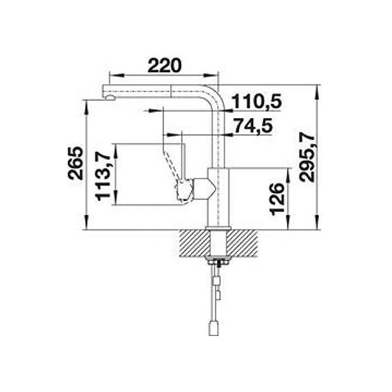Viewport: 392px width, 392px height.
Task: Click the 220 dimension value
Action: pyautogui.click(x=164, y=66)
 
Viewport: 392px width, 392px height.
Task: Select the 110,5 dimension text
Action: pyautogui.click(x=256, y=101)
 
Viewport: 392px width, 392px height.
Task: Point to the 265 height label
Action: pyautogui.click(x=75, y=163)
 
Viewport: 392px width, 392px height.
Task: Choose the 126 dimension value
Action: pyautogui.click(x=278, y=199)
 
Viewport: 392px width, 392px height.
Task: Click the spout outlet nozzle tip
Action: pyautogui.click(x=110, y=98)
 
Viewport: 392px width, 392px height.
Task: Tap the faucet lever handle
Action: pyautogui.click(x=174, y=162)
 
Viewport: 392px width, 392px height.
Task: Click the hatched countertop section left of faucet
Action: pyautogui.click(x=194, y=244)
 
